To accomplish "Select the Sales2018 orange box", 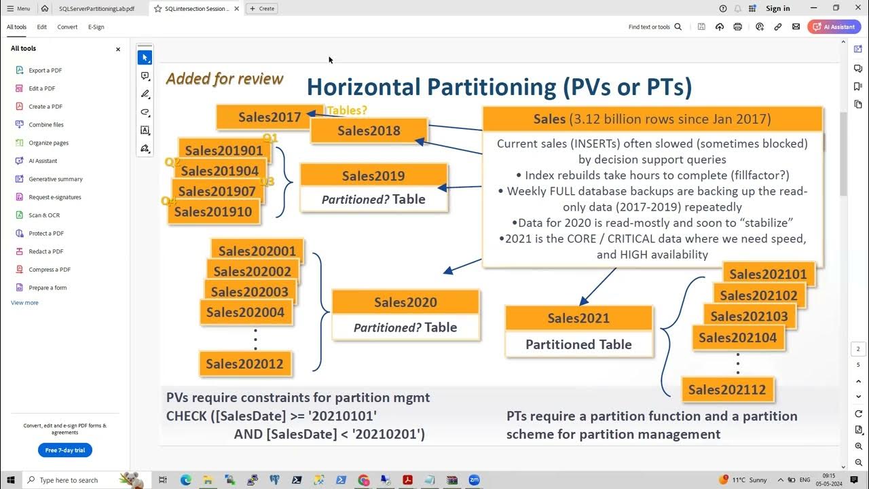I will click(369, 130).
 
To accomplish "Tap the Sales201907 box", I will click(217, 192).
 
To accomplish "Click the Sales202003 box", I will click(249, 292).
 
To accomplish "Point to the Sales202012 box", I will click(244, 363).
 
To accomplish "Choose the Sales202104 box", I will click(737, 338).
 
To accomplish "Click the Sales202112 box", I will click(726, 390).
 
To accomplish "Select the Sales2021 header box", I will click(578, 318).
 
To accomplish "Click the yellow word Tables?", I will click(346, 110).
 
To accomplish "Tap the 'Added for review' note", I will click(224, 79).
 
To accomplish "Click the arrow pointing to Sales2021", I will click(597, 286).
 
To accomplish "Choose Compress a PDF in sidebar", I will click(49, 270).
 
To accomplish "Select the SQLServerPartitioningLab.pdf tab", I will click(96, 9).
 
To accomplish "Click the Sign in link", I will click(777, 9).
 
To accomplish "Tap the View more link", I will click(24, 303).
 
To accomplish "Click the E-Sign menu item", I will click(96, 27).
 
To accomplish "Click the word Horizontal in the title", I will click(363, 87).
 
